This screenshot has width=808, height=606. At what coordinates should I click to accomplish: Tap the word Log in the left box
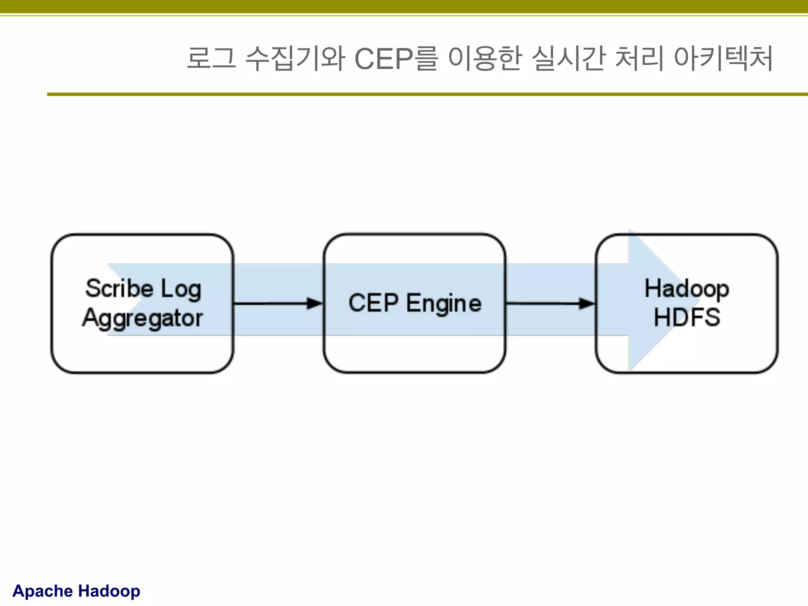pyautogui.click(x=181, y=290)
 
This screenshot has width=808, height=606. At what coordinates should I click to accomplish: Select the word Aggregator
pyautogui.click(x=142, y=318)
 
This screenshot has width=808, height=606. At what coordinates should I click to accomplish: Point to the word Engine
pyautogui.click(x=444, y=304)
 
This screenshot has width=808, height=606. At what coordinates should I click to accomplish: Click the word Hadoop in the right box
pyautogui.click(x=686, y=289)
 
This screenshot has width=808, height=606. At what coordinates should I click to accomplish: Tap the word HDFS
pyautogui.click(x=687, y=317)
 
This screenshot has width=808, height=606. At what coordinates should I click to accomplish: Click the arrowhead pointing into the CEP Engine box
pyautogui.click(x=315, y=303)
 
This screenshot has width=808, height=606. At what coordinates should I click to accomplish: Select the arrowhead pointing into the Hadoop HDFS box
pyautogui.click(x=587, y=303)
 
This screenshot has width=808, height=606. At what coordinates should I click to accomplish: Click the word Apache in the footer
pyautogui.click(x=43, y=591)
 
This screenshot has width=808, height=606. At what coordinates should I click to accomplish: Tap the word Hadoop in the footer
pyautogui.click(x=109, y=591)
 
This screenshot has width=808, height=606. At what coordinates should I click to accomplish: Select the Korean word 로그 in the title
pyautogui.click(x=211, y=58)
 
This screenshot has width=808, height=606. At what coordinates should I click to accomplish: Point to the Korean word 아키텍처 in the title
pyautogui.click(x=723, y=58)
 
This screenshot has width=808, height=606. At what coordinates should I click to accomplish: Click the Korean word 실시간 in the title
pyautogui.click(x=568, y=58)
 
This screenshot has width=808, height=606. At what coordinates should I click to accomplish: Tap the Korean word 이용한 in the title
pyautogui.click(x=485, y=58)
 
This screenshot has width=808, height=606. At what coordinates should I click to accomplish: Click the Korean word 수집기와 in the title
pyautogui.click(x=295, y=58)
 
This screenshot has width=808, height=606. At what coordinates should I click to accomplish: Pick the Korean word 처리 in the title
pyautogui.click(x=639, y=58)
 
